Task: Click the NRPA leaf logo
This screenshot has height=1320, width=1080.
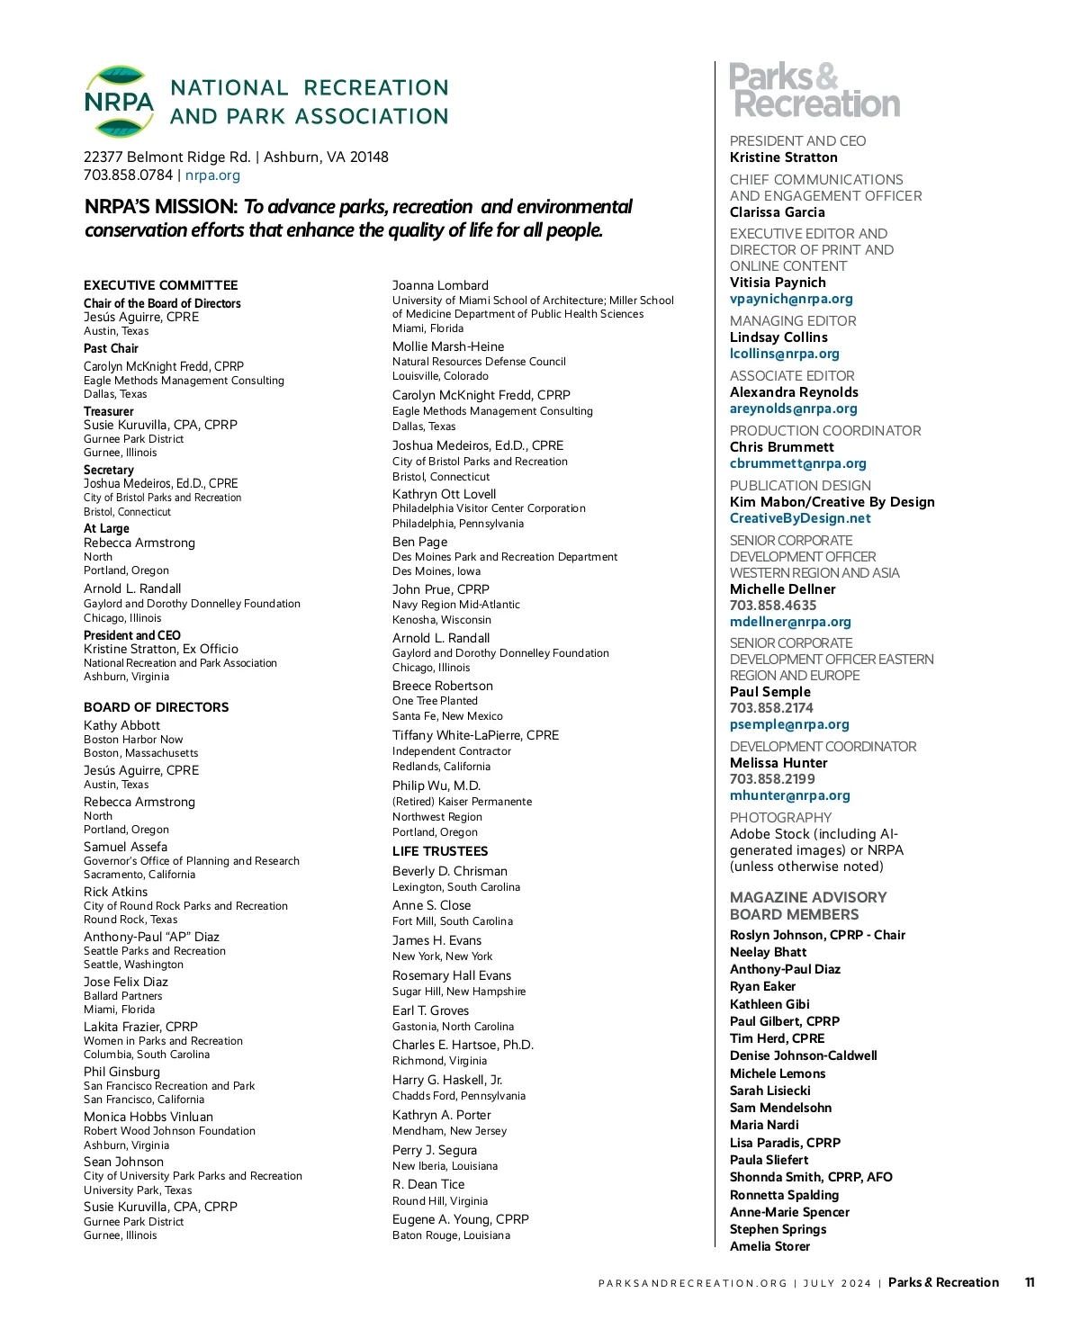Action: [119, 101]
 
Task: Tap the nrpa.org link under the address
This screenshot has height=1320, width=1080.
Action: [212, 175]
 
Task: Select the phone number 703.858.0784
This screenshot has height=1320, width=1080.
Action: [128, 175]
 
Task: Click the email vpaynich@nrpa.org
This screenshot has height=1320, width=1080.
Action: [791, 299]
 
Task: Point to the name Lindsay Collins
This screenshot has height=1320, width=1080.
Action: [778, 337]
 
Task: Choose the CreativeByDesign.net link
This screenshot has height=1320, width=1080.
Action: [800, 518]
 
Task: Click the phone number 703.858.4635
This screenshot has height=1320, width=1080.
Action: [773, 606]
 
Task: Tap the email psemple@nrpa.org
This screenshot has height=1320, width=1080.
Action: [789, 724]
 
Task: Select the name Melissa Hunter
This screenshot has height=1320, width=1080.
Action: [778, 763]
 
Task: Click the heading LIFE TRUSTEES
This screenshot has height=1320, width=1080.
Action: [440, 851]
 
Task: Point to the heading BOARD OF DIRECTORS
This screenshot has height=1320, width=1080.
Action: [157, 707]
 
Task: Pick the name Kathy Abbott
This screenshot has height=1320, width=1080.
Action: [121, 725]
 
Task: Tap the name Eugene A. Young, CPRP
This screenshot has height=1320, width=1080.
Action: [461, 1219]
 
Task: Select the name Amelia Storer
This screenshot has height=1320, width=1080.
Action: [769, 1246]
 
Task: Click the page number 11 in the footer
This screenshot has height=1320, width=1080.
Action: [1030, 1282]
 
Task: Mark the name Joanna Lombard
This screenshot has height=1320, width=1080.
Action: [440, 285]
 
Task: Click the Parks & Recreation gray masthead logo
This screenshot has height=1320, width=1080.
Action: [814, 90]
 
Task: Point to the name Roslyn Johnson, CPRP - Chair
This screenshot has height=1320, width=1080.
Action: [817, 935]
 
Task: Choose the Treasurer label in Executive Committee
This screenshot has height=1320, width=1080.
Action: [109, 411]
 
